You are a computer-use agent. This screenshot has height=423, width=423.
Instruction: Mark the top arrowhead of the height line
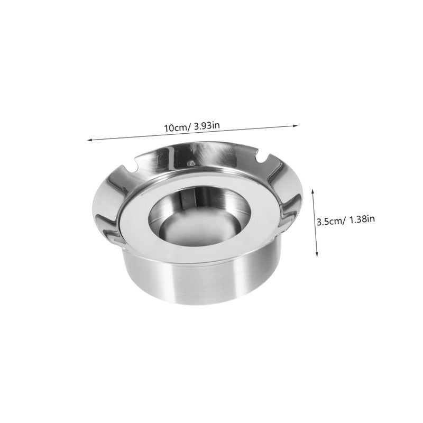[x=312, y=191]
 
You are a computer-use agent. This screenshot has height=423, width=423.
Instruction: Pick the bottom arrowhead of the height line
[x=317, y=254]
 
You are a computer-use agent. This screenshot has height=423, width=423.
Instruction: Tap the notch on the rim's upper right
[x=261, y=158]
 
